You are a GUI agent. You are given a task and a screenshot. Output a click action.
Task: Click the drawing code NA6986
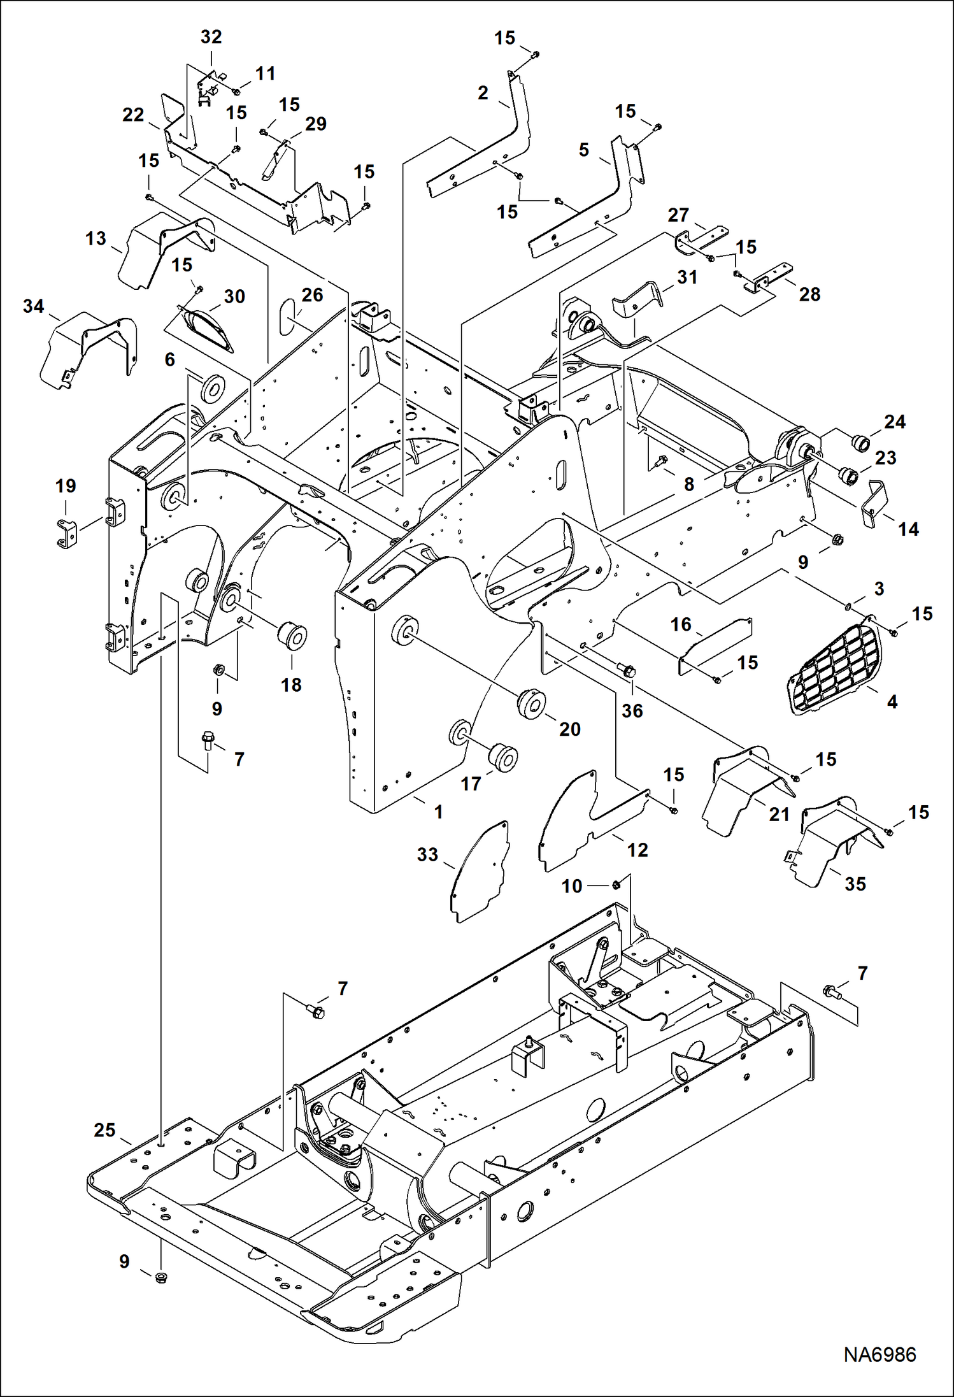click(879, 1354)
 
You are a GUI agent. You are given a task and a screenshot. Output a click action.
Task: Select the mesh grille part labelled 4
click(834, 668)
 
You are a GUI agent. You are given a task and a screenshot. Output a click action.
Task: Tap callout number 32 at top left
click(211, 37)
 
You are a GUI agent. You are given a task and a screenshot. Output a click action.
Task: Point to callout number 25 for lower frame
click(104, 1129)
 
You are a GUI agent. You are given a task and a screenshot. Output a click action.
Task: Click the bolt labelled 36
click(626, 670)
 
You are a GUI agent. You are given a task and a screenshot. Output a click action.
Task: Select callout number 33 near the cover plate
click(427, 854)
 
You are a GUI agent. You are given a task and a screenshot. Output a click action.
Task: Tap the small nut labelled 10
click(616, 885)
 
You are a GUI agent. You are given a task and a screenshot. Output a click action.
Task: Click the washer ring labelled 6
click(212, 388)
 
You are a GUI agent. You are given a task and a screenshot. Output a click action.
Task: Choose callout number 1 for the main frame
click(438, 812)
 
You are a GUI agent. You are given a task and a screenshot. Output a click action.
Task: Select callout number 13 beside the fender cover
click(96, 238)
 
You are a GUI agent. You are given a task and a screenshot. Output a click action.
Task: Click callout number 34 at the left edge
click(33, 306)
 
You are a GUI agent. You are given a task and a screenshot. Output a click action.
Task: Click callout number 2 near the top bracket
click(483, 92)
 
